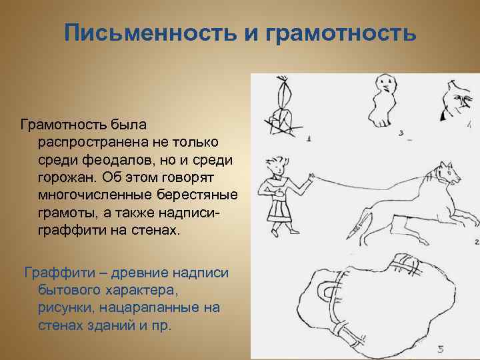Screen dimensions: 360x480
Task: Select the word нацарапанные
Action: point(143,309)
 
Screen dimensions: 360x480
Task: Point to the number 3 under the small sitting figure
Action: point(401,133)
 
